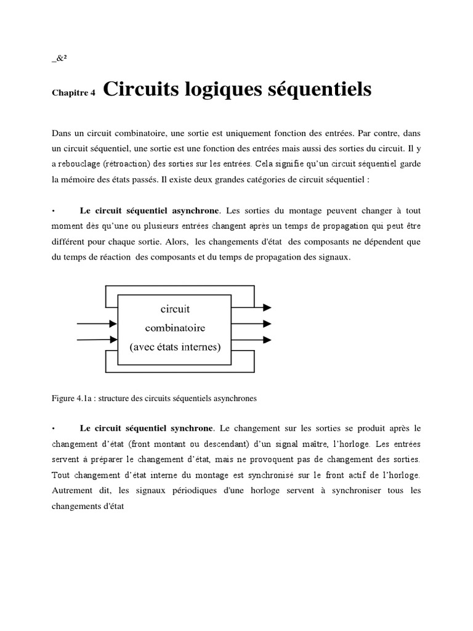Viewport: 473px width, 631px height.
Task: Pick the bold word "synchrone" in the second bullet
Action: pos(192,428)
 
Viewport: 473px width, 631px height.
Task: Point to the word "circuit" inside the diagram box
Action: pos(176,309)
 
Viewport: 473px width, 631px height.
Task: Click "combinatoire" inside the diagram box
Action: pos(176,327)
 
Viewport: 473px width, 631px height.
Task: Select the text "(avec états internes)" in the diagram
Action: pos(176,346)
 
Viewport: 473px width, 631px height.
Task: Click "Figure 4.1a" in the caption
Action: pos(70,398)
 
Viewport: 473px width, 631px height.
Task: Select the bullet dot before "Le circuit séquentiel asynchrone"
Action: pos(54,210)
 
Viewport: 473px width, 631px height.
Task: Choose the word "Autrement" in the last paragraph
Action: pos(71,491)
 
